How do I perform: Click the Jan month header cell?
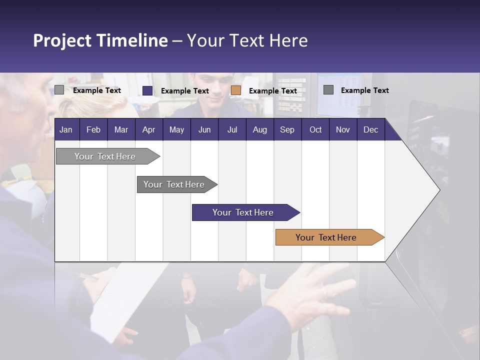click(66, 129)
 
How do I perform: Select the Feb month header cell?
click(93, 129)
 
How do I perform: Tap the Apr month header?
click(149, 129)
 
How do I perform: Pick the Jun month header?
click(204, 129)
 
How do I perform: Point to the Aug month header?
click(260, 129)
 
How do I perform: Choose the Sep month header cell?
click(287, 129)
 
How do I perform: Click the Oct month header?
click(315, 129)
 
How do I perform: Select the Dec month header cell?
click(371, 129)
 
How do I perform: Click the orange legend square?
click(236, 90)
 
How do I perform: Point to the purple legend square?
click(147, 90)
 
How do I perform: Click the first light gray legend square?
click(59, 90)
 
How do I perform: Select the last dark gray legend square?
click(328, 90)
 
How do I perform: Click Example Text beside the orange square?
click(273, 90)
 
